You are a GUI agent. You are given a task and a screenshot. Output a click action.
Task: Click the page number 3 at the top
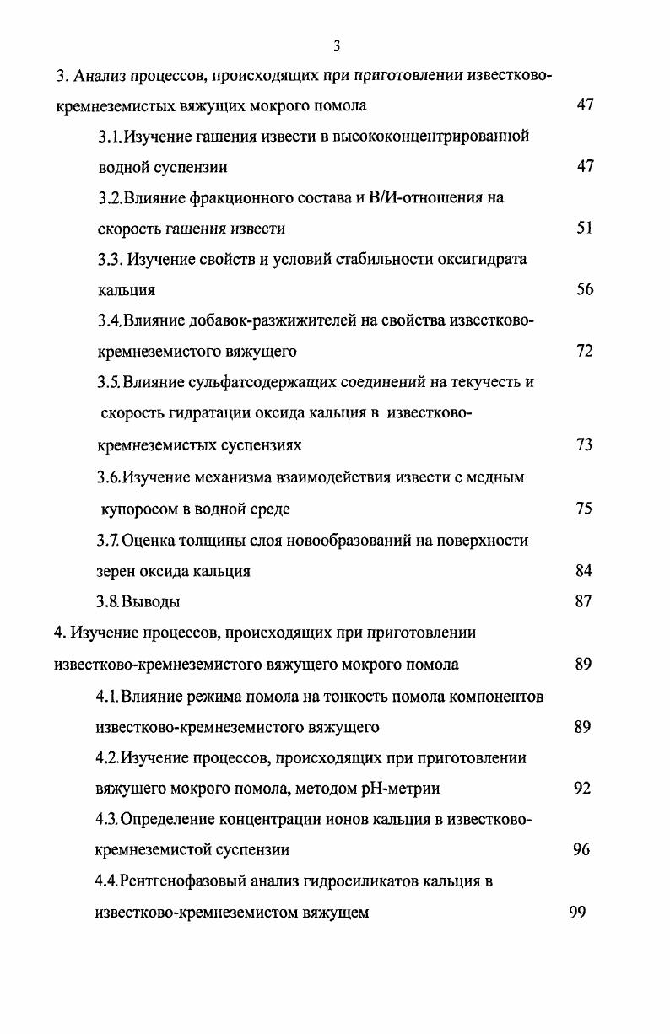[336, 46]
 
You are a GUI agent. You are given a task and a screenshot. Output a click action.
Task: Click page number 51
[585, 228]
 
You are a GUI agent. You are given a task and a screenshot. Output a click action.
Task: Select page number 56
[585, 289]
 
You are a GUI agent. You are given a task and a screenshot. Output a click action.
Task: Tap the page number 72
[585, 351]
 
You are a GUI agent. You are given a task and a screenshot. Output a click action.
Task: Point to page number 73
[585, 444]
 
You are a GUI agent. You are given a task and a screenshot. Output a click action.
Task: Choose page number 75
[584, 509]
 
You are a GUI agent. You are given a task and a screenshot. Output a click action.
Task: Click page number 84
[584, 570]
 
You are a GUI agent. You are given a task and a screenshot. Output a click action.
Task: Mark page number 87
[584, 601]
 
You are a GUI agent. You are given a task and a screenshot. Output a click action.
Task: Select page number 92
[582, 789]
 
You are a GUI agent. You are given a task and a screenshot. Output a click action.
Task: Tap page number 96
[581, 849]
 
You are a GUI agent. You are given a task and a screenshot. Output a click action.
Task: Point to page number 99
[577, 912]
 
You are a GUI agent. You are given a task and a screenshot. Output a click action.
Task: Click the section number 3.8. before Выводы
[109, 602]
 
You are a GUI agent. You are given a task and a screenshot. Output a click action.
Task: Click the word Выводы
[151, 602]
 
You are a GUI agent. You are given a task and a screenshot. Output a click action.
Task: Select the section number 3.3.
[111, 259]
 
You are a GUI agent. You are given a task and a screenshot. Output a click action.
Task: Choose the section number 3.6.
[109, 477]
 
